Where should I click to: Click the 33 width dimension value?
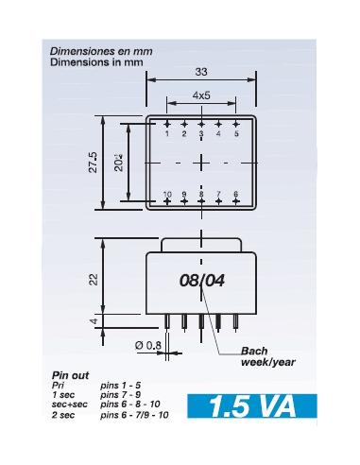click(200, 70)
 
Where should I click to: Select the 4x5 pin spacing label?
click(201, 95)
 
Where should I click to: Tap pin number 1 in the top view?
click(167, 134)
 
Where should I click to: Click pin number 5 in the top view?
click(236, 134)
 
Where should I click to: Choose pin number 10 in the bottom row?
click(167, 195)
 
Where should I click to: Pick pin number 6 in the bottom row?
click(236, 195)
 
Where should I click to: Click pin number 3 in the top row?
click(201, 134)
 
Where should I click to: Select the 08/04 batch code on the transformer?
click(201, 281)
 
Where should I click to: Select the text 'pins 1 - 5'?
click(122, 386)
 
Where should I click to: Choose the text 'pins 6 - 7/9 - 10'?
click(135, 414)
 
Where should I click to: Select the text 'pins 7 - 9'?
click(122, 395)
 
